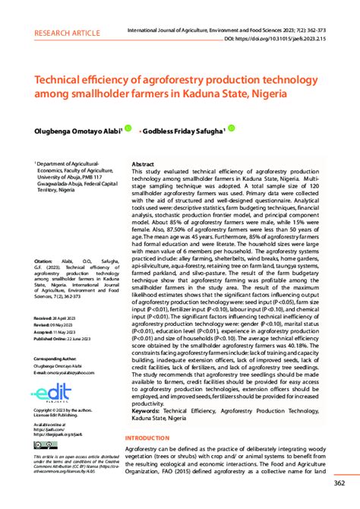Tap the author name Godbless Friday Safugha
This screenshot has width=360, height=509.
click(182, 131)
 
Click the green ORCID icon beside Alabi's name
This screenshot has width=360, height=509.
click(128, 129)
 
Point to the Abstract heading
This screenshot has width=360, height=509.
click(144, 164)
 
